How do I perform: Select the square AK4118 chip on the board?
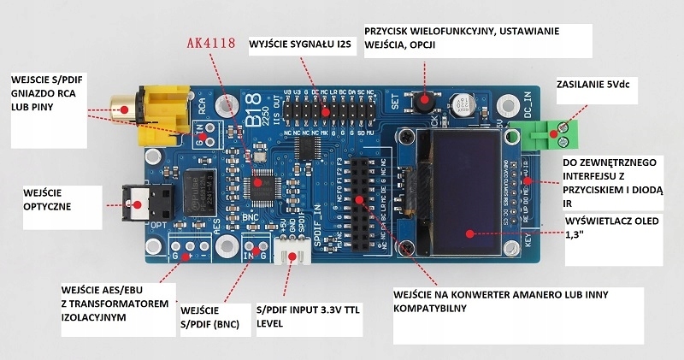point(263,180)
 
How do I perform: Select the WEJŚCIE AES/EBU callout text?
point(106,303)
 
